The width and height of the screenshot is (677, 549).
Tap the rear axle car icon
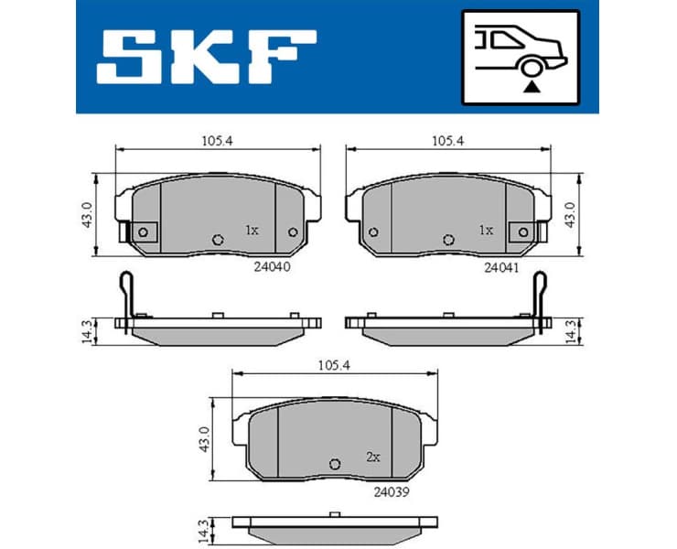(x=521, y=57)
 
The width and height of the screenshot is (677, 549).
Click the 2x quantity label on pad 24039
(x=372, y=456)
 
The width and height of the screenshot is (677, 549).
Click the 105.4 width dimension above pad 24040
(x=217, y=141)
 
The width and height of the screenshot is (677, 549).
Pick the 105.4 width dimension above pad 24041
(x=447, y=141)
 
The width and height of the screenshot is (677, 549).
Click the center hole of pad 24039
(x=334, y=463)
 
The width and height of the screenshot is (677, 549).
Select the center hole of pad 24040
(x=218, y=240)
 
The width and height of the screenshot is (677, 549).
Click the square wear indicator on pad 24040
(x=144, y=232)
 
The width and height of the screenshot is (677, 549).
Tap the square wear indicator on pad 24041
(x=522, y=232)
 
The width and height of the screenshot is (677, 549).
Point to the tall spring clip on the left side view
(x=128, y=295)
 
